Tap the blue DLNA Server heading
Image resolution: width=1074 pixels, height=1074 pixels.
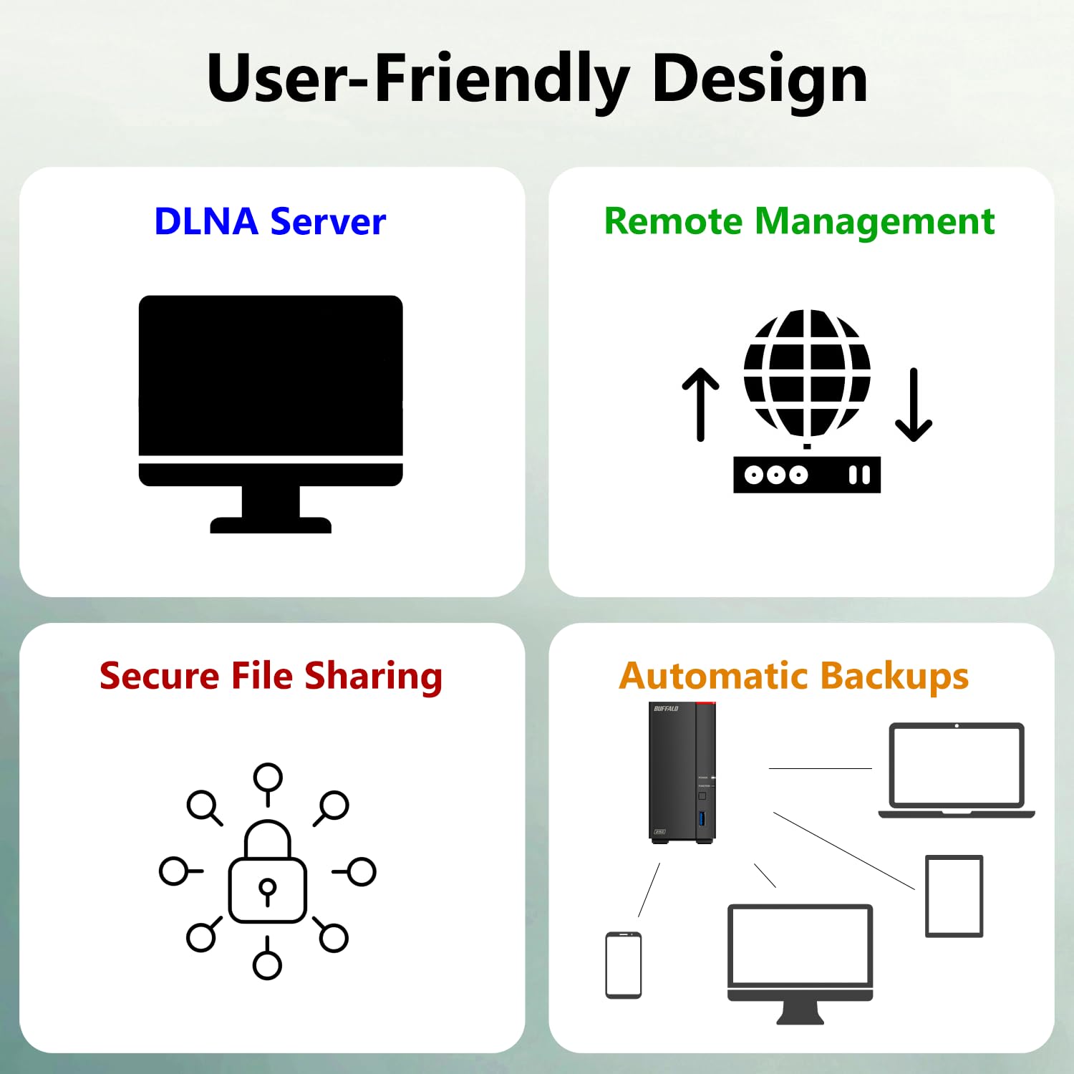tap(270, 221)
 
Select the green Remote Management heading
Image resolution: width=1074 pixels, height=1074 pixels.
tap(799, 221)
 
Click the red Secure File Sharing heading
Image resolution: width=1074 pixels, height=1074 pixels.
tap(271, 676)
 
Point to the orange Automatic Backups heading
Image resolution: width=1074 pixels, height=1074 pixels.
tap(793, 676)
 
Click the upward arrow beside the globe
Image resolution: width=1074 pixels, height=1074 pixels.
tap(700, 405)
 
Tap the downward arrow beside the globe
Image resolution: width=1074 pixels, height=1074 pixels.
tap(914, 405)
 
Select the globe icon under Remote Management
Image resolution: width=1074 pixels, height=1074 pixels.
tap(807, 372)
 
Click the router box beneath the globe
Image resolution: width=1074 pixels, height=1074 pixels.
tap(807, 475)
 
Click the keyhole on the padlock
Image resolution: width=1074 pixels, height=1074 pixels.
tap(267, 891)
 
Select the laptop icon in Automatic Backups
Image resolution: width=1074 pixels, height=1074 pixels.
tap(957, 770)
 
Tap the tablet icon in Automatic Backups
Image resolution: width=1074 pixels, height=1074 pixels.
tap(954, 896)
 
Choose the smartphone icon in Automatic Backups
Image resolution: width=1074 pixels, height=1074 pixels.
tap(623, 964)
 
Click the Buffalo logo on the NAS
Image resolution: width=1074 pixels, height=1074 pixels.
tap(666, 709)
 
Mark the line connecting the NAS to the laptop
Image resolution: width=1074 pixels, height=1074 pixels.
tap(820, 768)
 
